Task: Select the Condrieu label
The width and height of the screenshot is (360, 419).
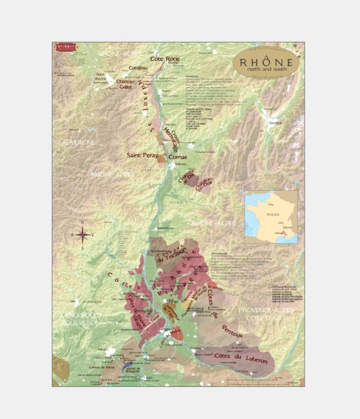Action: [x=138, y=68]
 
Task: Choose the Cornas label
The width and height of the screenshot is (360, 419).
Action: [x=169, y=157]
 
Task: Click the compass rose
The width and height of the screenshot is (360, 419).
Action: [x=83, y=235]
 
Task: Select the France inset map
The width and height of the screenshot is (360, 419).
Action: [x=271, y=214]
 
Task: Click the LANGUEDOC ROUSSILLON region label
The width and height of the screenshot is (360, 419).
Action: [x=80, y=319]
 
